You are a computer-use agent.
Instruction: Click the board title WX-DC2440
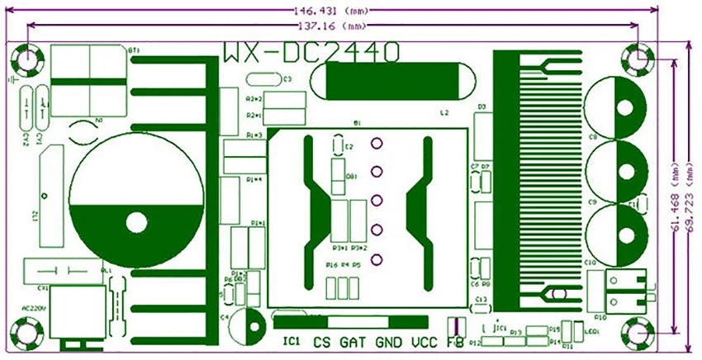[312, 52]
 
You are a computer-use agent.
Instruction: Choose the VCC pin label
[424, 341]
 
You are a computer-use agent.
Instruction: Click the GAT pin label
[353, 341]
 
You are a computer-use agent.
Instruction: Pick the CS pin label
[320, 341]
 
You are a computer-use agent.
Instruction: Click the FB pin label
[454, 341]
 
